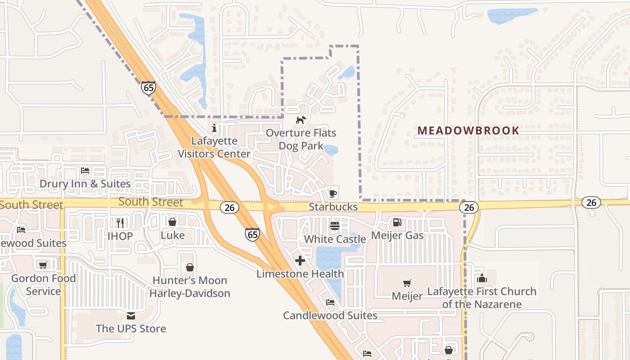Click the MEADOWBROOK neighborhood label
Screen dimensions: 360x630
pyautogui.click(x=468, y=131)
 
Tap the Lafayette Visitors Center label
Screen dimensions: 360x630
pyautogui.click(x=214, y=147)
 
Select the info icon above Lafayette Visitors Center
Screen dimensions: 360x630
pyautogui.click(x=214, y=128)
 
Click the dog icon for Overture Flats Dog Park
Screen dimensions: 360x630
pyautogui.click(x=301, y=120)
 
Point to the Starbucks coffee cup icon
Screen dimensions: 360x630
pyautogui.click(x=333, y=193)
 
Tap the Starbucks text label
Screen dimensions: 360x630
pyautogui.click(x=333, y=207)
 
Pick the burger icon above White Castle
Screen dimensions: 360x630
pyautogui.click(x=334, y=225)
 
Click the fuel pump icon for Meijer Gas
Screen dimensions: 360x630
pyautogui.click(x=397, y=222)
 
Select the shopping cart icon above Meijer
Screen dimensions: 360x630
pyautogui.click(x=407, y=283)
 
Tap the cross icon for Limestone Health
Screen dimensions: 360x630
pyautogui.click(x=300, y=261)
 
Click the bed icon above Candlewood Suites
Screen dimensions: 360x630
pyautogui.click(x=330, y=302)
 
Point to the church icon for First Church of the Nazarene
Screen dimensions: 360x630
pyautogui.click(x=482, y=278)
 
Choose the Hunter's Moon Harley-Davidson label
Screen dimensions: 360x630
pyautogui.click(x=189, y=287)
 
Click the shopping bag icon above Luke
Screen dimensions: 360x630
pyautogui.click(x=172, y=222)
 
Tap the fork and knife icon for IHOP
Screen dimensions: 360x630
pyautogui.click(x=120, y=223)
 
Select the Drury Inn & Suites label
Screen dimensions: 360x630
pyautogui.click(x=85, y=184)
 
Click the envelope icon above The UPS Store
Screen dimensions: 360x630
pyautogui.click(x=131, y=315)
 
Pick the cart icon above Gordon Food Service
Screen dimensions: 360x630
pyautogui.click(x=43, y=265)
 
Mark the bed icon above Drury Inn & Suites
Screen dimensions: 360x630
pyautogui.click(x=85, y=171)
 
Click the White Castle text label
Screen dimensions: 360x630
pyautogui.click(x=335, y=239)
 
